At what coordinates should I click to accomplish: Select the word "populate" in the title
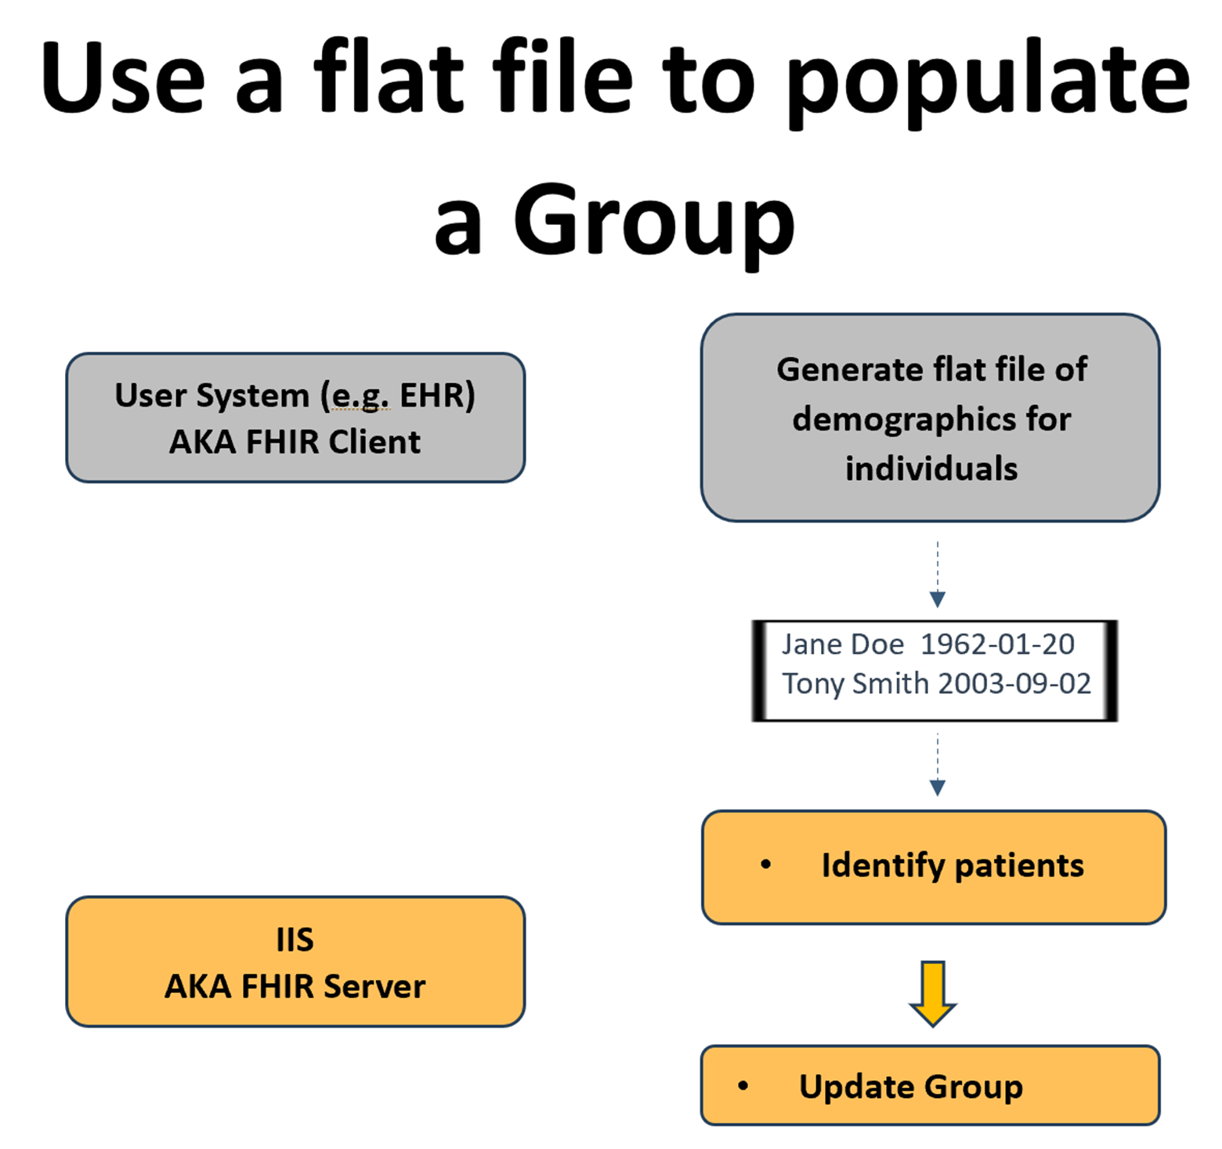pos(989,82)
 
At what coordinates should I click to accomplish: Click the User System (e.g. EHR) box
pos(295,417)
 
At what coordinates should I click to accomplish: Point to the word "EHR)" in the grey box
pos(437,396)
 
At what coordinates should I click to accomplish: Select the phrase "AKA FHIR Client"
pos(295,443)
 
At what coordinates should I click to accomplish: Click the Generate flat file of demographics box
pos(931,417)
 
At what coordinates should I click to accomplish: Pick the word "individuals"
pos(931,468)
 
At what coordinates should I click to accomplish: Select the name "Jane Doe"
pos(843,645)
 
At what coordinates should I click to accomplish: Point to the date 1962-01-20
pos(997,645)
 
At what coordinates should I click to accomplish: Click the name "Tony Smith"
pos(855,684)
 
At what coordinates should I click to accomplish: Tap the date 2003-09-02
pos(1014,684)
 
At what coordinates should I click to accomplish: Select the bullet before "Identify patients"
pos(765,865)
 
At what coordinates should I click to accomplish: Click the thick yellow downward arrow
pos(932,993)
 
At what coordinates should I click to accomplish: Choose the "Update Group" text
pos(911,1086)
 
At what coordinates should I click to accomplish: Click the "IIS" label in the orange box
pos(295,939)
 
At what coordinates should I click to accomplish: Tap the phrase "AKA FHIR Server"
pos(295,986)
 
